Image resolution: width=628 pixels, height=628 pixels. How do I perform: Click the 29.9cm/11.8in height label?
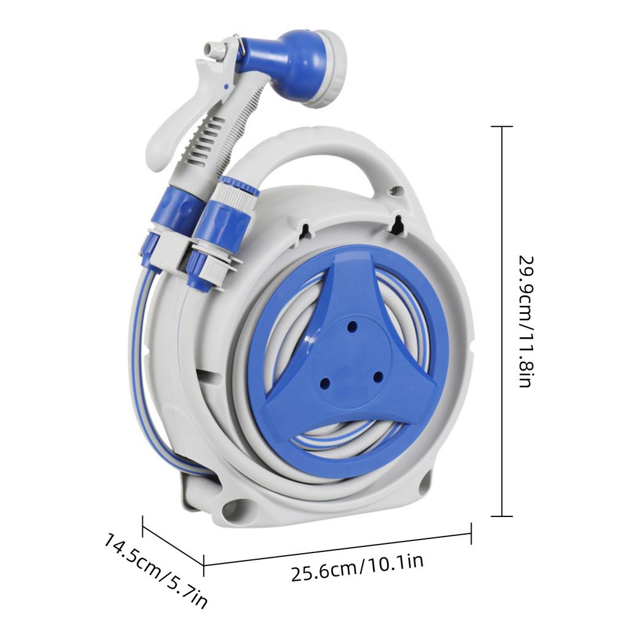[x=523, y=321]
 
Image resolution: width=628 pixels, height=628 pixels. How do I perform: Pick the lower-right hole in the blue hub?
[x=378, y=375]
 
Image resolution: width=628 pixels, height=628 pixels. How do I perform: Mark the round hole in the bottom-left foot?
[x=237, y=510]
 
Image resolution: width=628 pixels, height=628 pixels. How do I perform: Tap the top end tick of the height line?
[x=502, y=127]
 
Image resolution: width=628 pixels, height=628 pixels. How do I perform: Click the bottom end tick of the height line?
[x=502, y=516]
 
